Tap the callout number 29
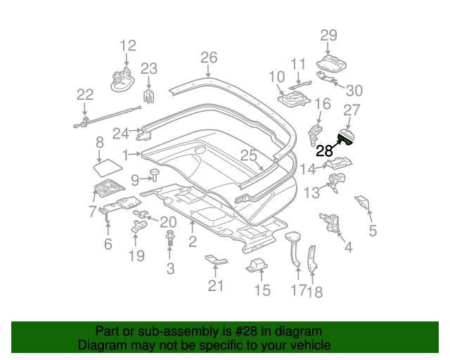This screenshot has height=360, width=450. (x=329, y=35)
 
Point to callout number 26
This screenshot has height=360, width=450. (x=209, y=58)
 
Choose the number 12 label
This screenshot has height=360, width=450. (x=127, y=46)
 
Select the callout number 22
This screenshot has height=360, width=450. (x=85, y=95)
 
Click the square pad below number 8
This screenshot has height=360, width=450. (x=107, y=167)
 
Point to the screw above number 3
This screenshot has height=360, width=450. (x=170, y=243)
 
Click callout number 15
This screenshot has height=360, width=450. (x=262, y=290)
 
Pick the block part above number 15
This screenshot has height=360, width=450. (x=258, y=266)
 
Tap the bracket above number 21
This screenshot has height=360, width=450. (x=217, y=261)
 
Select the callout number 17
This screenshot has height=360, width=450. (x=299, y=290)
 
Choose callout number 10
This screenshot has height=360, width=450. (x=276, y=76)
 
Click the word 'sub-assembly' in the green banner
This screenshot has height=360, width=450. (x=166, y=331)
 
